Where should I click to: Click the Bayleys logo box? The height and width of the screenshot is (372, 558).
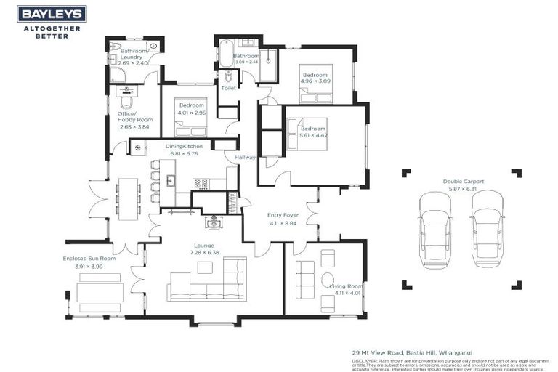click(x=52, y=13)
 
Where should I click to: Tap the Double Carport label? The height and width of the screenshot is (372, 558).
click(x=464, y=181)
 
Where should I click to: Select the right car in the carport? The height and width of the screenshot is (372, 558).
click(x=488, y=229)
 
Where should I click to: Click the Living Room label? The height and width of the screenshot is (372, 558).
click(x=346, y=286)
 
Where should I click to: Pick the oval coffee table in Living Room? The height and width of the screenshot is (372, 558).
click(x=328, y=280)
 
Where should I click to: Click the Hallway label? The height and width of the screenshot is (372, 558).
click(x=245, y=156)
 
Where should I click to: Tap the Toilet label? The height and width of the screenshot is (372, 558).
click(x=228, y=88)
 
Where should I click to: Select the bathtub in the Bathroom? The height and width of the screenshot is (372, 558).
click(x=225, y=54)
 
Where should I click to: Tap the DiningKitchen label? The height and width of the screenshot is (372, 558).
click(x=184, y=147)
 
